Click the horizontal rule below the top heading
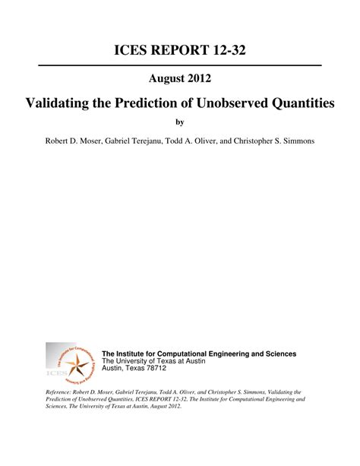[x=180, y=66]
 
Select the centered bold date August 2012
[x=179, y=78]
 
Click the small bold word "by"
[x=180, y=122]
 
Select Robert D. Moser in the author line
[x=77, y=142]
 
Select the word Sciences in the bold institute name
[x=280, y=353]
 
